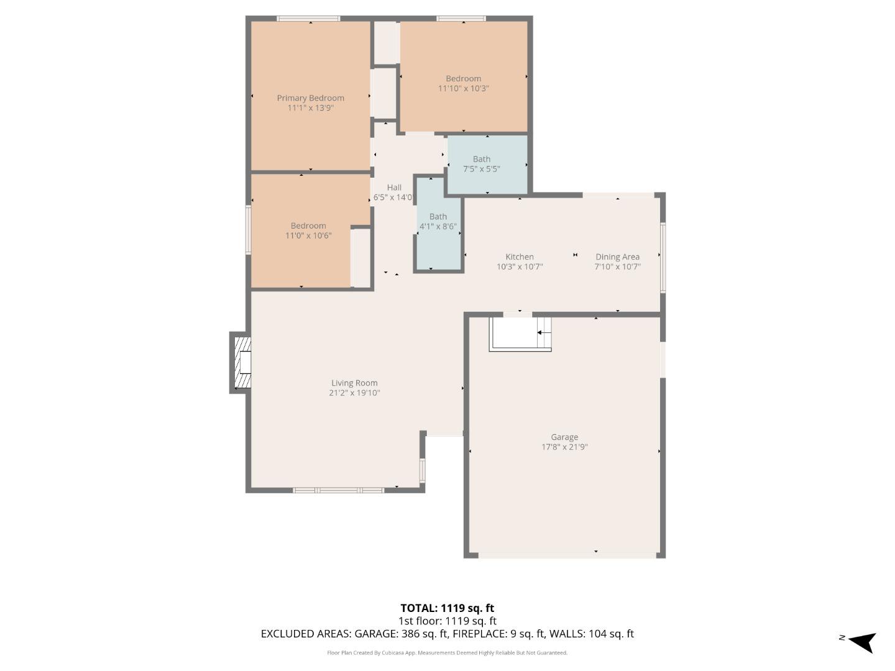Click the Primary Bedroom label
[310, 98]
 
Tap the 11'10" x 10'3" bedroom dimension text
[464, 89]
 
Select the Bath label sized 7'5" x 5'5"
[481, 159]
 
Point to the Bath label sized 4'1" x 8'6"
[438, 217]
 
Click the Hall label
[394, 188]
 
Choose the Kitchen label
[519, 257]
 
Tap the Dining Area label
[617, 257]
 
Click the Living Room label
[354, 383]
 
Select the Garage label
[564, 437]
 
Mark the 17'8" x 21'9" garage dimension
[564, 447]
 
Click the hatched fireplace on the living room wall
[242, 362]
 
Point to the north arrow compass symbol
[861, 641]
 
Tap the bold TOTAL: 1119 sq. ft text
[447, 608]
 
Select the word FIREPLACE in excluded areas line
[479, 634]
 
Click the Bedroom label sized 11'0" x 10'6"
[308, 226]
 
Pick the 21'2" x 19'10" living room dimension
[354, 393]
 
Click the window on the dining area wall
[663, 257]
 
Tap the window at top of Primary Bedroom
[308, 19]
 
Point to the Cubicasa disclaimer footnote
[447, 653]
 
